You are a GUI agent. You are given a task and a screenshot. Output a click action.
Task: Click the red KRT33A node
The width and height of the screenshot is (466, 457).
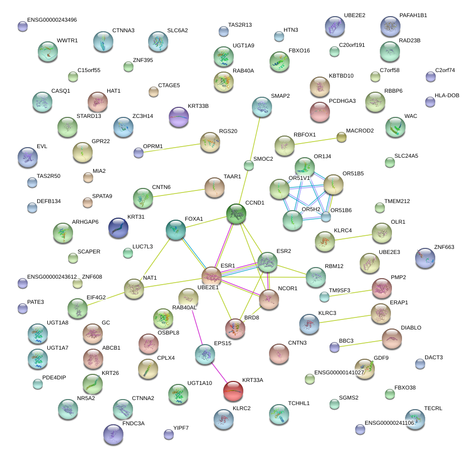(233, 390)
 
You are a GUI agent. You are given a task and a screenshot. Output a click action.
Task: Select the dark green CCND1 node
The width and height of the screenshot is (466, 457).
(236, 214)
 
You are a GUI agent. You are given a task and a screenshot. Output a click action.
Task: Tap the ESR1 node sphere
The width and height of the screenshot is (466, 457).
(212, 277)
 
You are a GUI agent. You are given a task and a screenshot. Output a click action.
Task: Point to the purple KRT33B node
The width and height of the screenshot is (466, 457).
(178, 117)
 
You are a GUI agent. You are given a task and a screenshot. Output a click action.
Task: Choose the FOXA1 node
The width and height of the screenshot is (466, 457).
(176, 229)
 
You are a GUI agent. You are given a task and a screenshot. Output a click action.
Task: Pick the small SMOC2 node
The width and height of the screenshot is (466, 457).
(248, 165)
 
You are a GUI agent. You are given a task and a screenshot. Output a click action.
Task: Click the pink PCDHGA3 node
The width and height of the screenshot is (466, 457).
(319, 112)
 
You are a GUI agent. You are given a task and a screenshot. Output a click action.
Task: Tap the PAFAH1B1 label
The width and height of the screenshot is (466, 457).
(413, 16)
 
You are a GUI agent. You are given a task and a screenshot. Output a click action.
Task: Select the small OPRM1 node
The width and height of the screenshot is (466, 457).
(139, 153)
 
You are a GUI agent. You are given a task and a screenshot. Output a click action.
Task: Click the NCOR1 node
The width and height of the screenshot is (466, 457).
(269, 299)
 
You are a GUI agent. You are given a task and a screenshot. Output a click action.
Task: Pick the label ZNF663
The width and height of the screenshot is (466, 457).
(444, 247)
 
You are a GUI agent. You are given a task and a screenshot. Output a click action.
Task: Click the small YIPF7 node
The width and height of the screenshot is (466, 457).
(169, 434)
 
